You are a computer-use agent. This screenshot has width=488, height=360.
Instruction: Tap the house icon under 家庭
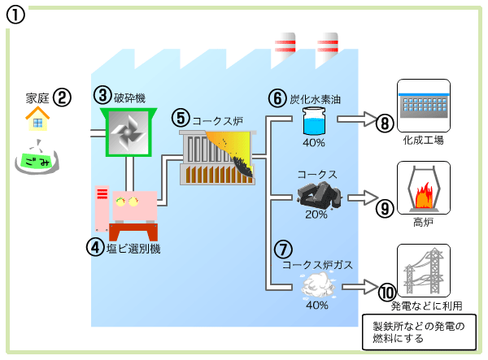point(37,120)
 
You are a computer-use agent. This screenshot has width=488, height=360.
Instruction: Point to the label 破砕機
point(129,98)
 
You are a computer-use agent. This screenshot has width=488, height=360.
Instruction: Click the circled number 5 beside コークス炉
point(181,118)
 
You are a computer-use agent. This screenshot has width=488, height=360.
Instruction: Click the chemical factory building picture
point(422,105)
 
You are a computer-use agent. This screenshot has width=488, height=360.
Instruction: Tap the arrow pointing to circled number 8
point(355,120)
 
